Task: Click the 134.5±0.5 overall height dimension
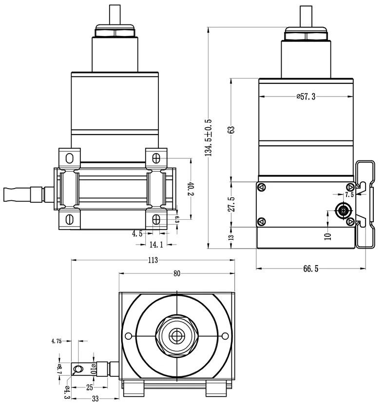tap(208, 137)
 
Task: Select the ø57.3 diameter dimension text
tap(306, 96)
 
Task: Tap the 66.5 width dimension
tap(311, 269)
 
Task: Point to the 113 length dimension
tap(153, 260)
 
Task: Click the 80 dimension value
tap(177, 273)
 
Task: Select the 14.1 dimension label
tap(156, 244)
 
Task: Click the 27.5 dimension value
tap(231, 204)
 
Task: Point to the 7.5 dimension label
tap(349, 194)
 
